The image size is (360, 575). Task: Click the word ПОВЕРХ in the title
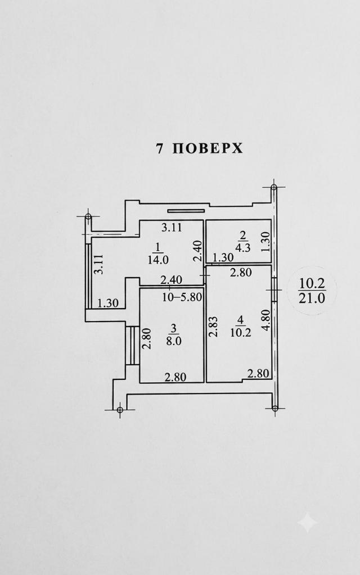coord(208,148)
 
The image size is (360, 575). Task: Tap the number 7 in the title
coord(159,148)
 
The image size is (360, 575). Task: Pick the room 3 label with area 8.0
coord(174,335)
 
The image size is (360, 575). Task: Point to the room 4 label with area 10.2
coord(241,327)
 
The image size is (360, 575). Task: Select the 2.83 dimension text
coord(214,327)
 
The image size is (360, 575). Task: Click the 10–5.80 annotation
coord(182,297)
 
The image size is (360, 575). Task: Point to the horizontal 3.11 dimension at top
coord(172,228)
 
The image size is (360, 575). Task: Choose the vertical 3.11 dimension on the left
coord(98,264)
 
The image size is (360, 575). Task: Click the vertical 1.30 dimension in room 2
coord(265,242)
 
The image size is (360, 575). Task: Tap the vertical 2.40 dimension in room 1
coord(198,251)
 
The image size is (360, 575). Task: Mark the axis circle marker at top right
coord(274,188)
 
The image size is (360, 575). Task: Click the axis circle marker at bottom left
coord(119,410)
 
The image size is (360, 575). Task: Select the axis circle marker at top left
coord(88,217)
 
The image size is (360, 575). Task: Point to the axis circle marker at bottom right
coord(274,407)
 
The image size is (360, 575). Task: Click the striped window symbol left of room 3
coord(130,345)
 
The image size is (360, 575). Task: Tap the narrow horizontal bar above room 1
coord(186,211)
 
